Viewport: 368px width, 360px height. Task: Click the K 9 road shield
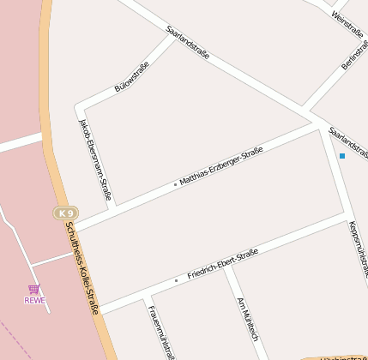[65, 213]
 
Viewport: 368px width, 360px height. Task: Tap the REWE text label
[34, 300]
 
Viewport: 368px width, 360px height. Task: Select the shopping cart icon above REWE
[33, 290]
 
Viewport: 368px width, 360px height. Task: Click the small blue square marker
[341, 155]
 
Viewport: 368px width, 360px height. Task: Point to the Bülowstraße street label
[131, 77]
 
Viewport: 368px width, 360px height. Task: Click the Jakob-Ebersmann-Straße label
[95, 159]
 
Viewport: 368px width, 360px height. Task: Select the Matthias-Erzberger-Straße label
[220, 165]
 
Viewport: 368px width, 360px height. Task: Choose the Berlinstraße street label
[354, 52]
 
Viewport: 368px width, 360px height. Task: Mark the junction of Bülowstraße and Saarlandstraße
[172, 36]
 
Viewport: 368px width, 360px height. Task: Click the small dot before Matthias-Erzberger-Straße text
[175, 183]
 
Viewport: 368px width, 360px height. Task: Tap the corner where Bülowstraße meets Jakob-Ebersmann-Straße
[80, 107]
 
